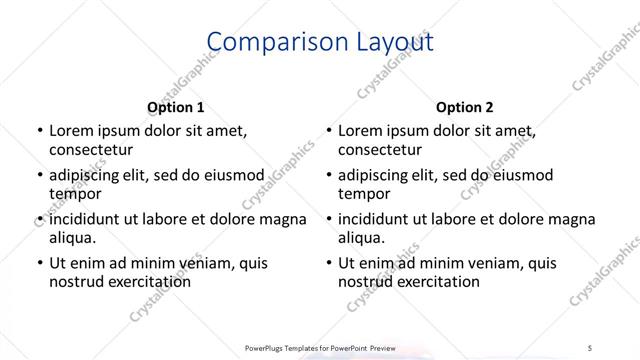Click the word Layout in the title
(x=393, y=43)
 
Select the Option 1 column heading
(x=176, y=107)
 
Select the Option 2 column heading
(x=465, y=107)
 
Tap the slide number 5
(x=591, y=346)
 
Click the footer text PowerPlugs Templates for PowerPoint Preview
(x=320, y=346)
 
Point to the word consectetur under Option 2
(x=380, y=151)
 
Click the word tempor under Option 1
(x=73, y=195)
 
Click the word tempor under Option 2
(x=362, y=195)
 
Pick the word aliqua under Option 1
(x=72, y=239)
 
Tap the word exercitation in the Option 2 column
(x=438, y=282)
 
